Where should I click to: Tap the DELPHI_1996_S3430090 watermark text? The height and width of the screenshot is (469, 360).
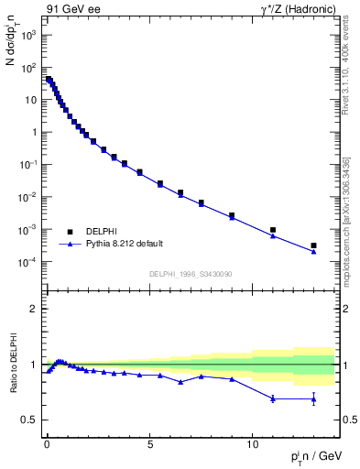pos(190,274)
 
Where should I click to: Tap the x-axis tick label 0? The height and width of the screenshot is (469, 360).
pos(47,441)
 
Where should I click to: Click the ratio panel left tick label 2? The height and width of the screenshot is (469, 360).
pos(35,309)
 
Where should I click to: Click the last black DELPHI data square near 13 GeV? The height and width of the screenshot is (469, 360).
pos(313,245)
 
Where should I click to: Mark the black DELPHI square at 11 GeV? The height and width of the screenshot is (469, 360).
pos(273,230)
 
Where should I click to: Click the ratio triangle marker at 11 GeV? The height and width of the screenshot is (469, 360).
pos(273,398)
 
